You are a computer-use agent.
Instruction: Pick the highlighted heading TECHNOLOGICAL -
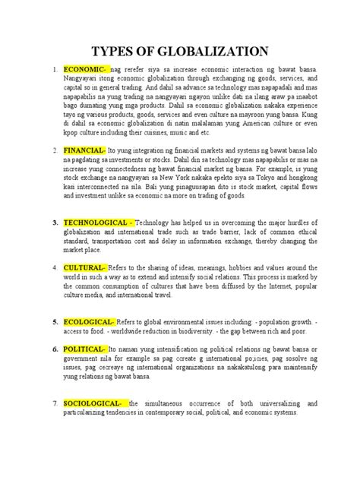(x=98, y=223)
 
